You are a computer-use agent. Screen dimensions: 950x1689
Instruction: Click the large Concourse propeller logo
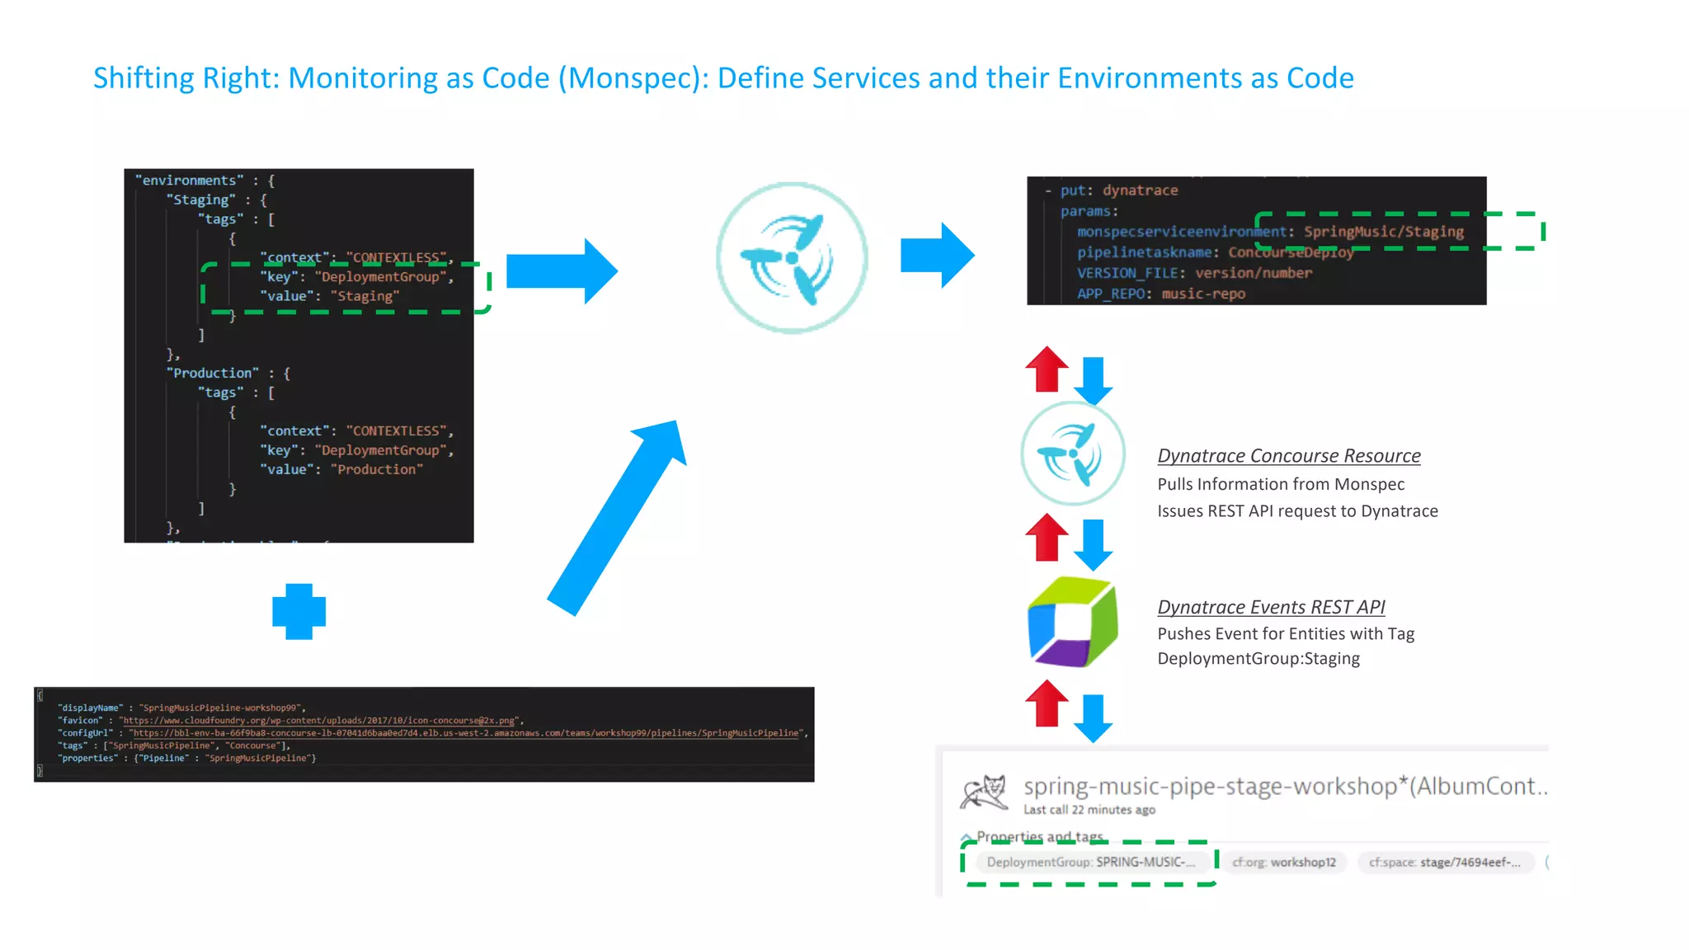click(x=792, y=258)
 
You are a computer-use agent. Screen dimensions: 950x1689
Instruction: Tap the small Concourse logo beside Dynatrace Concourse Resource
click(x=1072, y=454)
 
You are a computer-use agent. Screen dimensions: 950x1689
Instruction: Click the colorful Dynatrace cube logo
click(x=1072, y=623)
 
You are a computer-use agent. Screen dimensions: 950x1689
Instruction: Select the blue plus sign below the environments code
click(x=299, y=612)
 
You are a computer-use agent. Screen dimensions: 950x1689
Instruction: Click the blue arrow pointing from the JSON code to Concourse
click(x=561, y=271)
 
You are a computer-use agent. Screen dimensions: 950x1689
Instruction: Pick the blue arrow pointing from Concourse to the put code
click(x=937, y=256)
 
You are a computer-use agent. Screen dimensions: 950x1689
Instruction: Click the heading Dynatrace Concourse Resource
click(x=1288, y=456)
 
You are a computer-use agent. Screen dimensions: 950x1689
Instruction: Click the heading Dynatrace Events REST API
click(x=1270, y=607)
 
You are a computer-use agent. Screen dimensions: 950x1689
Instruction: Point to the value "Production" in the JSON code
click(x=377, y=469)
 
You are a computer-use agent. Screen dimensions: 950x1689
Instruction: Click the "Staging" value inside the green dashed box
click(x=365, y=296)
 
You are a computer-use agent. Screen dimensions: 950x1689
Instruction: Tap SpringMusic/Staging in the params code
click(x=1383, y=232)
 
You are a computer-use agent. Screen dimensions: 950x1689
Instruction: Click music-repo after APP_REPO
click(x=1203, y=294)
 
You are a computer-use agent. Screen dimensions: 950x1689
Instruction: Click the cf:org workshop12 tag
click(x=1283, y=862)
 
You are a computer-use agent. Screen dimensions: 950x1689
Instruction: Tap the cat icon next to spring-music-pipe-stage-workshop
click(x=984, y=792)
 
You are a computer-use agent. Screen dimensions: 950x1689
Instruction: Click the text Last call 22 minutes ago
click(x=1089, y=810)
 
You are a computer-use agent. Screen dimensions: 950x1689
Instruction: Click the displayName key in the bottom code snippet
click(x=90, y=708)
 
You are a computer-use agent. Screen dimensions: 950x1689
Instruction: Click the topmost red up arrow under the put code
click(x=1046, y=369)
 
